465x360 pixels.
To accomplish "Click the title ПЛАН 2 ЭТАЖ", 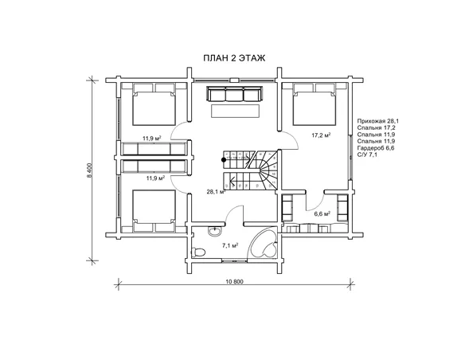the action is tap(234, 58).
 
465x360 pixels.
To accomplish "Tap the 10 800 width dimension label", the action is tap(234, 282).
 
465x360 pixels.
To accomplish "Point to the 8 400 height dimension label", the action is tap(89, 170).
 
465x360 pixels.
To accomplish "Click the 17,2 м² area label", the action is tap(321, 135).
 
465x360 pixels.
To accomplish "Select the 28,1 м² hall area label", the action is tap(217, 192).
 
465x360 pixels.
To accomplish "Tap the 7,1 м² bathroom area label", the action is tap(230, 245).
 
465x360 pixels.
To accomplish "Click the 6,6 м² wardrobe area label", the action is tap(322, 213).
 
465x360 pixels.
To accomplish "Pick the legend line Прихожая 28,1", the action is tap(378, 121).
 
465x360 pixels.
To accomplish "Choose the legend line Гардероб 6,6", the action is tap(376, 147).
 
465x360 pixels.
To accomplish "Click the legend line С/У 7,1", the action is tap(367, 155).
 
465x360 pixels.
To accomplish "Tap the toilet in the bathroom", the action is tap(198, 252).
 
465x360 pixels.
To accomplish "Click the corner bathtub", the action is tap(263, 244).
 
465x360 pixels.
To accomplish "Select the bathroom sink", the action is tap(214, 230).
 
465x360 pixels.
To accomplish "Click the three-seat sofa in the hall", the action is tap(234, 94).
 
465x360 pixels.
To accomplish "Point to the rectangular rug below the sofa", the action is tap(235, 111).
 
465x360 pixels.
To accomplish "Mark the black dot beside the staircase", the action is tap(224, 160).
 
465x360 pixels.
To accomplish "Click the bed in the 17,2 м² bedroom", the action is tap(315, 104).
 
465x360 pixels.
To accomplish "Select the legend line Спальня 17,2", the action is tap(376, 127).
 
